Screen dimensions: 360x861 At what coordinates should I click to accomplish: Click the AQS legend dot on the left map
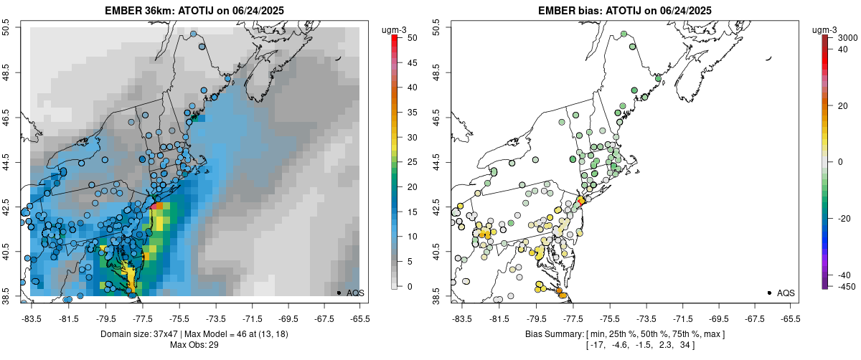coord(338,293)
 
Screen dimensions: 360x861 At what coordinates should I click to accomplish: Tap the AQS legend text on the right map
coord(786,293)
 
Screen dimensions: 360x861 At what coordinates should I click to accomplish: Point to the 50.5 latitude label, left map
coord(6,27)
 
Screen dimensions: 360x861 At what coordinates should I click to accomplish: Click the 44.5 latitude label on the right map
coord(436,161)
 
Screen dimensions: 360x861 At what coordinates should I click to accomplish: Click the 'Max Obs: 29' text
coord(194,345)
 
